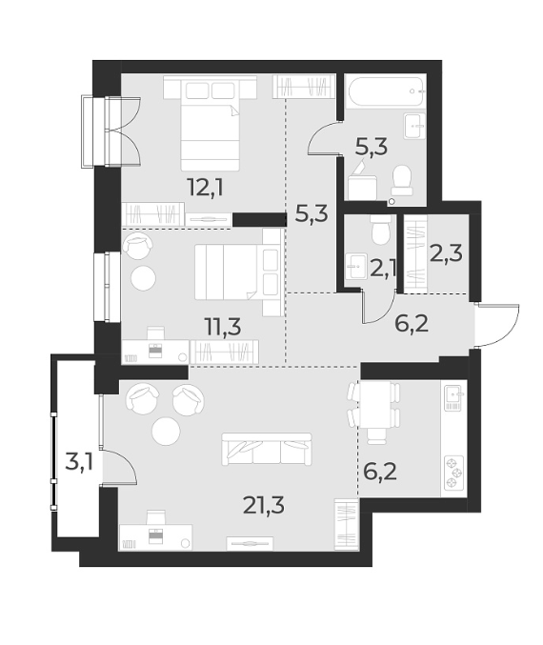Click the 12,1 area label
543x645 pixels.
(205, 186)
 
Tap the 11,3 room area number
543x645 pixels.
(221, 326)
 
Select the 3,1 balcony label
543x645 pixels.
(78, 464)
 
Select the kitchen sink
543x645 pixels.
(452, 395)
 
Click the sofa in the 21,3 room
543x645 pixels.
(266, 447)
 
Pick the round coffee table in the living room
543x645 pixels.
(166, 432)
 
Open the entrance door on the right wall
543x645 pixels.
(496, 327)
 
